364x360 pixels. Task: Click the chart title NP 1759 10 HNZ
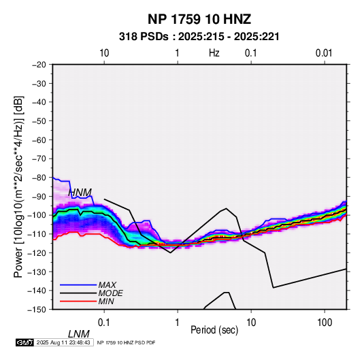tap(199, 19)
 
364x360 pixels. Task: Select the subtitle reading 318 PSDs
tap(144, 37)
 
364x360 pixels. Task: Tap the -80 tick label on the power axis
tap(39, 178)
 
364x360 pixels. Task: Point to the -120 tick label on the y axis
tap(37, 252)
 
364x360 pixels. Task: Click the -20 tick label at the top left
tap(39, 65)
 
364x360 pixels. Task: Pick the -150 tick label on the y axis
tap(37, 310)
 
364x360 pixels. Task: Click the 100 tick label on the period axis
tap(325, 323)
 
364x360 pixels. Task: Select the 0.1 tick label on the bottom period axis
tap(104, 323)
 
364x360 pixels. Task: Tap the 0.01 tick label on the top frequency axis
tap(324, 53)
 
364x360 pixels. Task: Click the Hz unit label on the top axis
tap(214, 53)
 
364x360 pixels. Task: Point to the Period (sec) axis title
tap(214, 330)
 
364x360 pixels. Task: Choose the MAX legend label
tap(107, 285)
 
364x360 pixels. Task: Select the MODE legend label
tap(110, 293)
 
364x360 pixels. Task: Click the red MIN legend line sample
tap(78, 301)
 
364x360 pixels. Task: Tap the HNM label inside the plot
tap(80, 193)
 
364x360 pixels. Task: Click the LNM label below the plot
tap(79, 334)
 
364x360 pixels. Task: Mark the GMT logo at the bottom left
tap(25, 342)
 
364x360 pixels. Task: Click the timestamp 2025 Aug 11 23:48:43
tap(63, 342)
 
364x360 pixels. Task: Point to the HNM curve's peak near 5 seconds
tap(226, 208)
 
